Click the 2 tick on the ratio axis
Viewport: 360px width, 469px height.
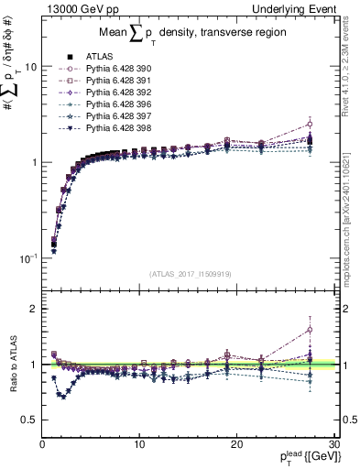tap(33, 309)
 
